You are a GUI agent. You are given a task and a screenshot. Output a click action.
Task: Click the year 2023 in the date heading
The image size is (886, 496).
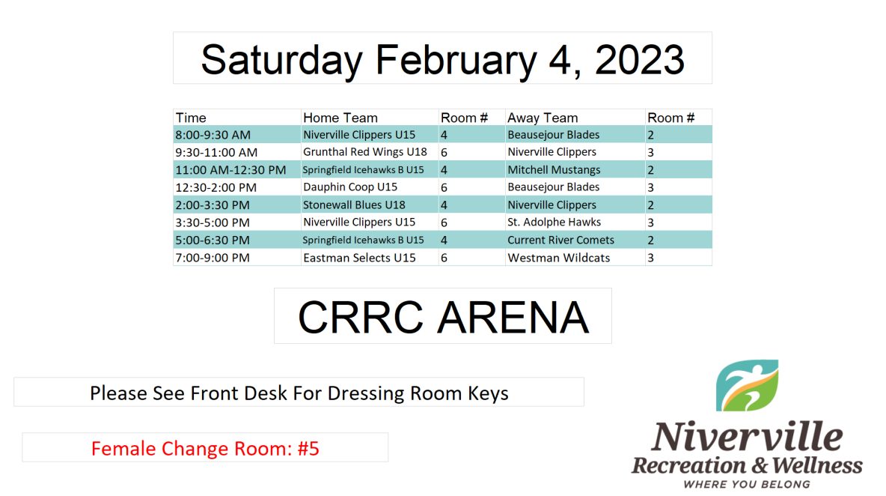[x=640, y=59]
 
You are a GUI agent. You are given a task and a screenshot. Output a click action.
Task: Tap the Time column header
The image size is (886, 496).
[x=191, y=118]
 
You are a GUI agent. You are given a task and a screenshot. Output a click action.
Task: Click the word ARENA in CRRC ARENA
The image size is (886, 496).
[x=513, y=317]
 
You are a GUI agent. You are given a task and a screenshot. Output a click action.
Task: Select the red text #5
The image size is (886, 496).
[x=308, y=449]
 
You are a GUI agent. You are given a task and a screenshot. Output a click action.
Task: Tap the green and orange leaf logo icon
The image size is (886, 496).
[x=747, y=385]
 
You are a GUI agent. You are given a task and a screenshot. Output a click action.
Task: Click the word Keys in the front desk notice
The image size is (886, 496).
[x=488, y=393]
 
